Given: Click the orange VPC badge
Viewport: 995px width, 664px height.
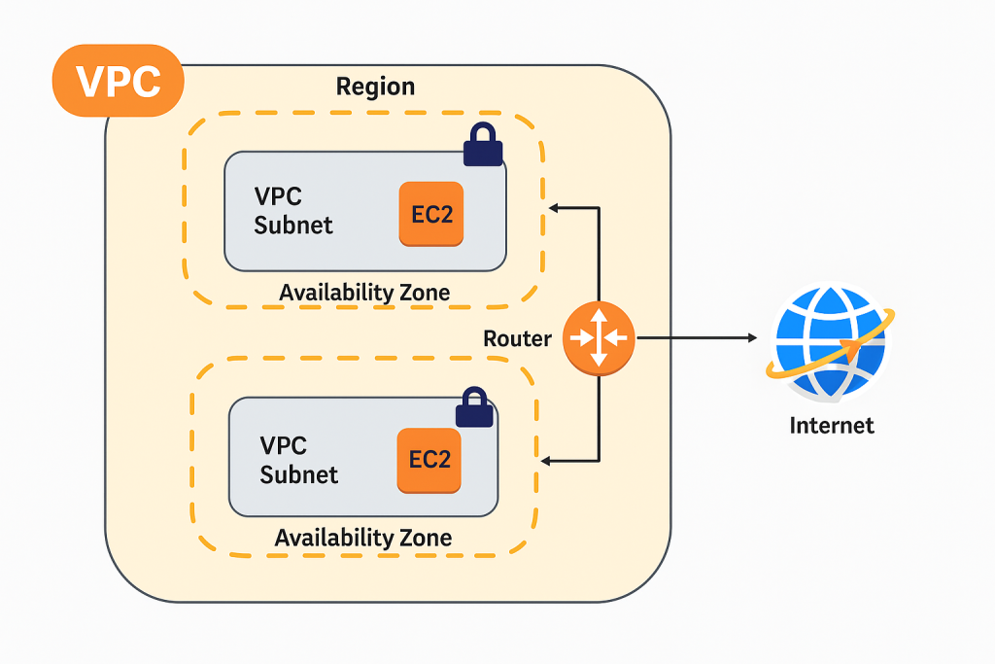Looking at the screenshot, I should [x=119, y=81].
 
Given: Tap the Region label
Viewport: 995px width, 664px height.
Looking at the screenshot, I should [x=375, y=87].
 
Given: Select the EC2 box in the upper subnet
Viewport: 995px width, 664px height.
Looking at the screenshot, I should [x=431, y=213].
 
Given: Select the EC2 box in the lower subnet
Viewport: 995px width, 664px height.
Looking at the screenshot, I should [x=429, y=459].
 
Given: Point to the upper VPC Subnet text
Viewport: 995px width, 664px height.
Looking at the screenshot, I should [x=293, y=211].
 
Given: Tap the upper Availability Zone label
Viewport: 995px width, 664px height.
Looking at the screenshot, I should [x=364, y=292].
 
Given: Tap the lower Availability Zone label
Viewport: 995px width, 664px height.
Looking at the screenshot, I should [x=363, y=538].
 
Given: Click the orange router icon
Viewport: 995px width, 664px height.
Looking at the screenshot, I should [x=598, y=338].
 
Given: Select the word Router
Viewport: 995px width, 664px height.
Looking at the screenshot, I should [x=517, y=338].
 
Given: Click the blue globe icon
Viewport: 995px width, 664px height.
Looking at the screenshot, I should [x=830, y=342].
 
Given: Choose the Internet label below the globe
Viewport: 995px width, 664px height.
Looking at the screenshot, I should [x=832, y=425].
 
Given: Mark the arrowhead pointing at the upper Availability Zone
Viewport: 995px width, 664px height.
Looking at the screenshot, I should [x=554, y=207].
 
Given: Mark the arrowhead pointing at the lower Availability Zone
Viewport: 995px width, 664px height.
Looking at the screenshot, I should [x=547, y=461].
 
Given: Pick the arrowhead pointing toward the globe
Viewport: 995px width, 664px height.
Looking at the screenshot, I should [x=752, y=338].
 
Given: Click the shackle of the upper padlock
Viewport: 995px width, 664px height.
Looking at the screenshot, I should [x=483, y=133].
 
